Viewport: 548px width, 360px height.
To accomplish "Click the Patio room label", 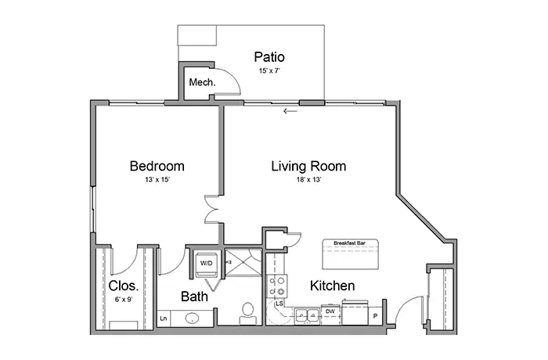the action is pyautogui.click(x=269, y=57).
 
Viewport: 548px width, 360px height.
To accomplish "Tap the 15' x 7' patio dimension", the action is pyautogui.click(x=269, y=70).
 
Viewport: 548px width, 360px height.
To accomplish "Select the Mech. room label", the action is pyautogui.click(x=202, y=82).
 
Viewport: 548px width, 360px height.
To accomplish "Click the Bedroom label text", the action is pyautogui.click(x=157, y=166).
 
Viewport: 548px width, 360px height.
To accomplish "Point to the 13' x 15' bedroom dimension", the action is pyautogui.click(x=157, y=180).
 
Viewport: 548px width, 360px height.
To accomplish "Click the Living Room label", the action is pyautogui.click(x=308, y=166).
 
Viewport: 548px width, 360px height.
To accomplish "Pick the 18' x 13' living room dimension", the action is pyautogui.click(x=309, y=180).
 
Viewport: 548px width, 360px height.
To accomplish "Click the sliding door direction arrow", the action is pyautogui.click(x=290, y=111).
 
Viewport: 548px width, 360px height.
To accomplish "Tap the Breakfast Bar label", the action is pyautogui.click(x=349, y=243).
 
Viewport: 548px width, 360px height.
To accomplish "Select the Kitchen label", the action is pyautogui.click(x=333, y=286).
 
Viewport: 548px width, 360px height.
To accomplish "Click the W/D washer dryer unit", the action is pyautogui.click(x=206, y=264).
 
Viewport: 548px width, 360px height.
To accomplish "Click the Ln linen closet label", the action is pyautogui.click(x=163, y=319).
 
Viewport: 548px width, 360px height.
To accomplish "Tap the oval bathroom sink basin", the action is pyautogui.click(x=192, y=319).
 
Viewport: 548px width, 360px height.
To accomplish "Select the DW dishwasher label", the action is pyautogui.click(x=330, y=311).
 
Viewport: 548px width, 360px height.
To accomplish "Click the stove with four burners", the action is pyautogui.click(x=277, y=286).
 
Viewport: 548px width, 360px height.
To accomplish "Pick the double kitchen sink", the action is pyautogui.click(x=307, y=316).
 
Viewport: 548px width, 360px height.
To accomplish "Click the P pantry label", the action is pyautogui.click(x=375, y=316).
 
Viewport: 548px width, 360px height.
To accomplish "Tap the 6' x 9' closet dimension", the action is pyautogui.click(x=124, y=300).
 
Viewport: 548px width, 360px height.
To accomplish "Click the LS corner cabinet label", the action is pyautogui.click(x=279, y=304).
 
